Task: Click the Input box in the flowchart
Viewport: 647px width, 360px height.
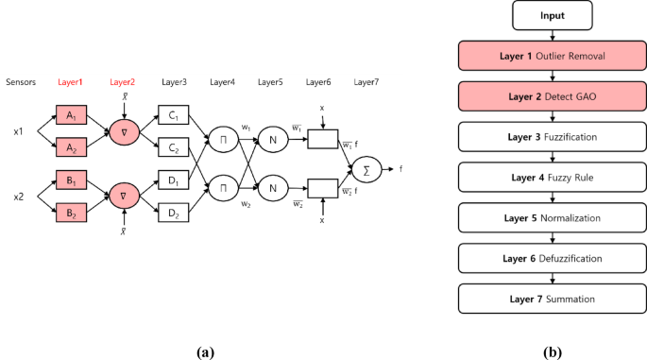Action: [552, 16]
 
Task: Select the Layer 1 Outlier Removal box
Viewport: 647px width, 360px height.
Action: [552, 57]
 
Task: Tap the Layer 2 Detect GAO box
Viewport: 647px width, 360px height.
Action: [552, 96]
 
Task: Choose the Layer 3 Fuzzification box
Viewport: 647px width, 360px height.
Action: [552, 137]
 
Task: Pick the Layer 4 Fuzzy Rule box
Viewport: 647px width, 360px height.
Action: [552, 177]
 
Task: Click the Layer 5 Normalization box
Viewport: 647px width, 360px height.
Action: [552, 217]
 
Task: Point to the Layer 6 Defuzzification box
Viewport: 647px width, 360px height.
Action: [552, 257]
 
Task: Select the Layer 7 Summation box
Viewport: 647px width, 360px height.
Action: [552, 298]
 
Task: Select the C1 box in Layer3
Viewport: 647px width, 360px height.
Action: [173, 115]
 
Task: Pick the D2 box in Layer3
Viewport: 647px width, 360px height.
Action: [173, 214]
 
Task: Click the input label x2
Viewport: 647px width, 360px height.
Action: [17, 197]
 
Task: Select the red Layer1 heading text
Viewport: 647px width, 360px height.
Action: [70, 82]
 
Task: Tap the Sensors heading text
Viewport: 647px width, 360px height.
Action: [20, 82]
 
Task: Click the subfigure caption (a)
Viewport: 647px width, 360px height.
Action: [205, 351]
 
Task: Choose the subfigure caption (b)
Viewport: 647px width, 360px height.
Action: [552, 351]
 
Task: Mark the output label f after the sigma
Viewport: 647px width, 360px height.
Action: [401, 169]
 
